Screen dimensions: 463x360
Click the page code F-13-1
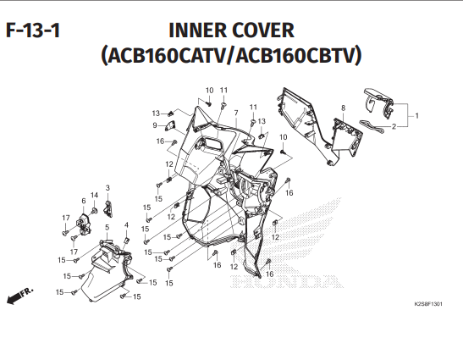pos(33,30)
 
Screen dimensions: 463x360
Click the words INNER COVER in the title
pos(232,30)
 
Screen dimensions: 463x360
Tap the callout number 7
pos(236,113)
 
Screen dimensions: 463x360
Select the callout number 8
pos(343,108)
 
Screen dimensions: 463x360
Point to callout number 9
pos(155,125)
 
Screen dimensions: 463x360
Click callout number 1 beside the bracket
pos(416,115)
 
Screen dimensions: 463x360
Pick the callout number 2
pos(394,126)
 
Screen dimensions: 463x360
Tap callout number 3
pos(107,188)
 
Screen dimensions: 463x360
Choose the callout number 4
pos(126,225)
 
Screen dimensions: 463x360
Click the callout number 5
pos(107,227)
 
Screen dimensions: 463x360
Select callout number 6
pos(84,201)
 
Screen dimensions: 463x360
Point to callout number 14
pos(94,195)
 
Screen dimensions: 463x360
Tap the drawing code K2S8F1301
pos(428,304)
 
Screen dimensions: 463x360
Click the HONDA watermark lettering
pos(286,281)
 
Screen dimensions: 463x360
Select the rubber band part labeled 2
pos(372,126)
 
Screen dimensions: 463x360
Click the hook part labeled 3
pos(108,208)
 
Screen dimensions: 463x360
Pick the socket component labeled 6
pos(84,224)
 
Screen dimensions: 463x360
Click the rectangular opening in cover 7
pos(212,143)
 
